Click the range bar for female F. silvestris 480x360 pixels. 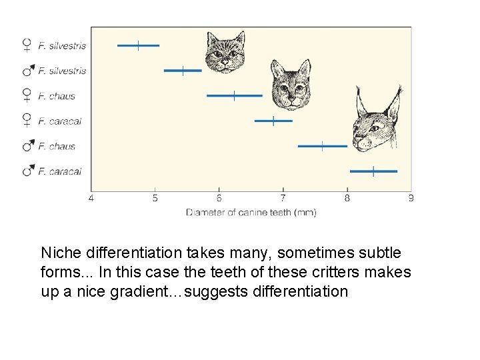[138, 45]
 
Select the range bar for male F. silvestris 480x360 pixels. [183, 70]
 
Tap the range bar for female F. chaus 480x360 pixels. [234, 95]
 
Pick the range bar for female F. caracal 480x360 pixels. [273, 121]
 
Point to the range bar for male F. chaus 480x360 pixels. [322, 145]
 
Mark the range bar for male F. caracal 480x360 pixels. [373, 171]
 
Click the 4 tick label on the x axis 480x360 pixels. [91, 198]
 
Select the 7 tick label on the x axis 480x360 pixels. [283, 198]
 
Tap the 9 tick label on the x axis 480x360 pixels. [411, 198]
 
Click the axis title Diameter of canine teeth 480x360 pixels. [251, 213]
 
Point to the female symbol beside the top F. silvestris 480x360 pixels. [27, 45]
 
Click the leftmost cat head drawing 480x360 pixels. [223, 52]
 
